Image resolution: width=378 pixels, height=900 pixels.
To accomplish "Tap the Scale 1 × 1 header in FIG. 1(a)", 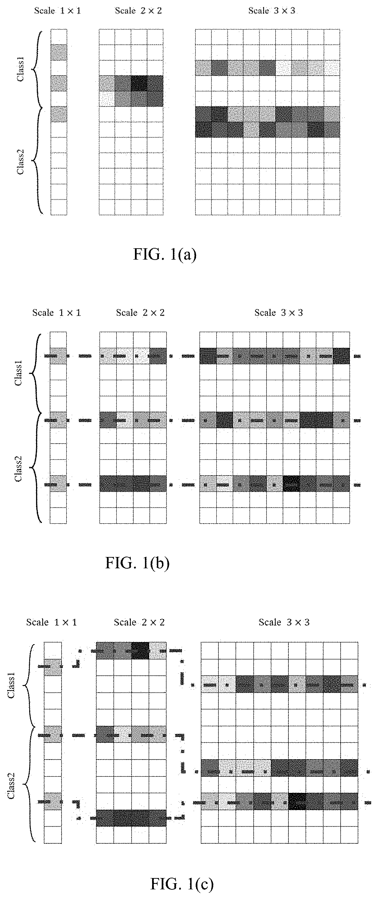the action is tap(57, 11).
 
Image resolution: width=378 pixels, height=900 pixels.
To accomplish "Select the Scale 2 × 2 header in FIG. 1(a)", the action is tap(138, 11).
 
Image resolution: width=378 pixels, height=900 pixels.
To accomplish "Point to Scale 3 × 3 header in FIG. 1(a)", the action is tap(272, 11).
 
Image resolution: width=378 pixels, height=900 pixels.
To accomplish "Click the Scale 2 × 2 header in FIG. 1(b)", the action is tap(140, 312).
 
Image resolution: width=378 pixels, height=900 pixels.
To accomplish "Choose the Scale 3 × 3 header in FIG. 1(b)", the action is tap(278, 312).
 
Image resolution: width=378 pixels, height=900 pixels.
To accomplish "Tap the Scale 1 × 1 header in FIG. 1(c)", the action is tap(51, 622).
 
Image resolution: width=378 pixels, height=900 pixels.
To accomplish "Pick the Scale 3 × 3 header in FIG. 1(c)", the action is tap(284, 622).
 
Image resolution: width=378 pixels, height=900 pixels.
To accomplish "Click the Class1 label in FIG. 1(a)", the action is tap(21, 71).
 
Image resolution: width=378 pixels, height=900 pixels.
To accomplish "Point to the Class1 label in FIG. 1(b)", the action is tap(19, 375).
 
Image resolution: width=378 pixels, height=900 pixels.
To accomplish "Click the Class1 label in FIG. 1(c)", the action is tap(12, 687).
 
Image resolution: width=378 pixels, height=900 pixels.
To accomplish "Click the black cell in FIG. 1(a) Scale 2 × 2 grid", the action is tap(139, 83).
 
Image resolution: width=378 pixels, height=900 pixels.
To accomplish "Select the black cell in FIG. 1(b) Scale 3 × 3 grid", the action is tap(291, 484).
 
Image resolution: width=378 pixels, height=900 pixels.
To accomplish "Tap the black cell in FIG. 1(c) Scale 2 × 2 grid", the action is tap(140, 650).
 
